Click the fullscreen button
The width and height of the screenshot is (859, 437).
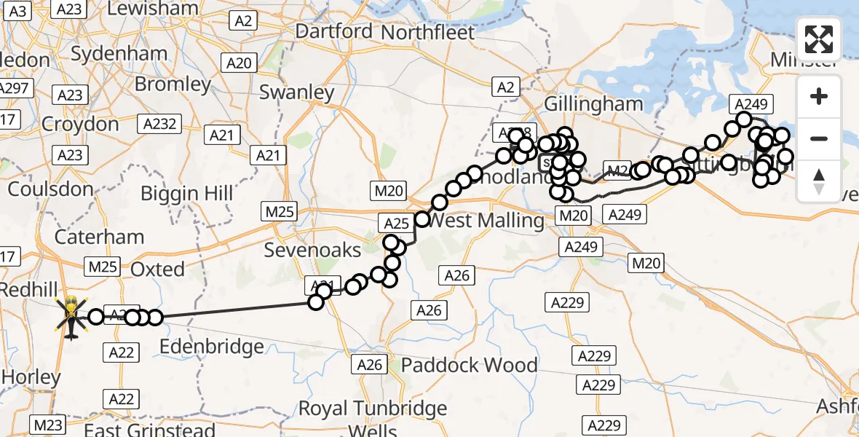pyautogui.click(x=819, y=39)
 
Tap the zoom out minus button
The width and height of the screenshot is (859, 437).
pyautogui.click(x=819, y=138)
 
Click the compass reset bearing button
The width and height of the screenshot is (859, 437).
pyautogui.click(x=819, y=181)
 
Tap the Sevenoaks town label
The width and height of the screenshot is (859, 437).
pyautogui.click(x=312, y=250)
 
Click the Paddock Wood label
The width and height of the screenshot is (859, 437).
pyautogui.click(x=470, y=364)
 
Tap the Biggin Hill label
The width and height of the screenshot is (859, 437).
pyautogui.click(x=186, y=194)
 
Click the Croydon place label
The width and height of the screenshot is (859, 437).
pyautogui.click(x=80, y=124)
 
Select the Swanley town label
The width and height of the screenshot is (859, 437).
pyautogui.click(x=296, y=92)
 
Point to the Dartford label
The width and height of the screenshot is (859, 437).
pyautogui.click(x=334, y=32)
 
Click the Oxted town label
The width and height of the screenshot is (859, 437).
pyautogui.click(x=157, y=269)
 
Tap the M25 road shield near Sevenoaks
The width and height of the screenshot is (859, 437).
pyautogui.click(x=280, y=211)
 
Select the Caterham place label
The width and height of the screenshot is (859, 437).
pyautogui.click(x=100, y=237)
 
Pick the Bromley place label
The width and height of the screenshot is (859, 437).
pyautogui.click(x=173, y=84)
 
